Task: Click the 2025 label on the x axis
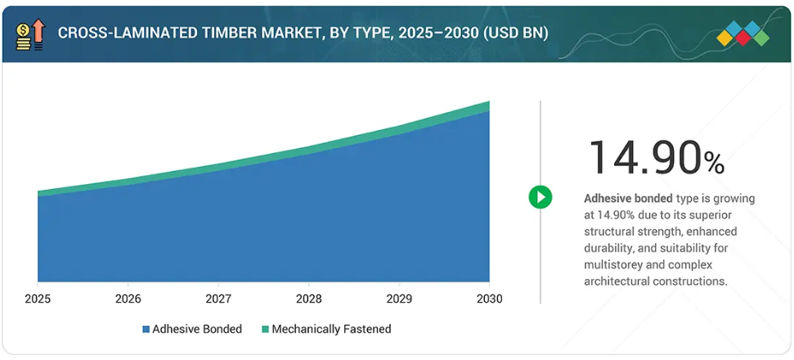coord(38,299)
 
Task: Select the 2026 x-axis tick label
coord(128,299)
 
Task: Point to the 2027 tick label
coord(218,299)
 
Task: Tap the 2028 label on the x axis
coord(308,299)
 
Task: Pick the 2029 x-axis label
coord(399,299)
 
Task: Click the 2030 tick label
coord(489,299)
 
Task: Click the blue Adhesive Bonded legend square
coord(146,329)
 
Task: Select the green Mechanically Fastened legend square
coord(264,329)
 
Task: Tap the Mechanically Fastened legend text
coord(331,329)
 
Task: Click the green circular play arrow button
coord(540,196)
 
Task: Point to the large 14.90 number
coord(644,158)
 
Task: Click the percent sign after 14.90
coord(714,163)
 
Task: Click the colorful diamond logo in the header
coord(742,34)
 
